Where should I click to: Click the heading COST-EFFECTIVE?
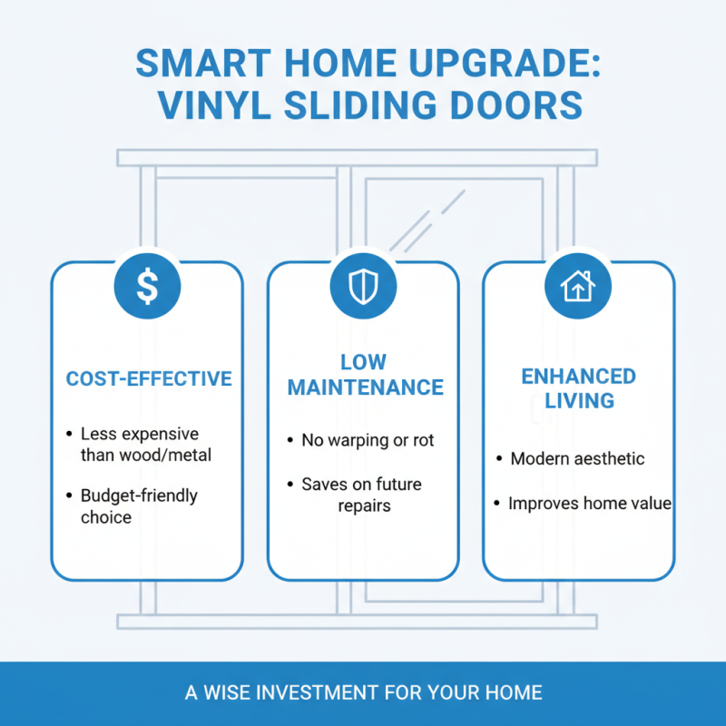pyautogui.click(x=149, y=378)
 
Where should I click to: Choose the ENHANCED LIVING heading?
pyautogui.click(x=578, y=388)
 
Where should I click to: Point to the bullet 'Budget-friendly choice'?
pyautogui.click(x=139, y=506)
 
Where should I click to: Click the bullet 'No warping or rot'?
pyautogui.click(x=368, y=440)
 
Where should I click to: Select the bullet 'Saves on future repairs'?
pyautogui.click(x=362, y=495)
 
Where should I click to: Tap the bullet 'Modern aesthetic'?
pyautogui.click(x=577, y=458)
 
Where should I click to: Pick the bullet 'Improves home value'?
pyautogui.click(x=589, y=503)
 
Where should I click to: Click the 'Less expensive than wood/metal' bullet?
pyautogui.click(x=144, y=444)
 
